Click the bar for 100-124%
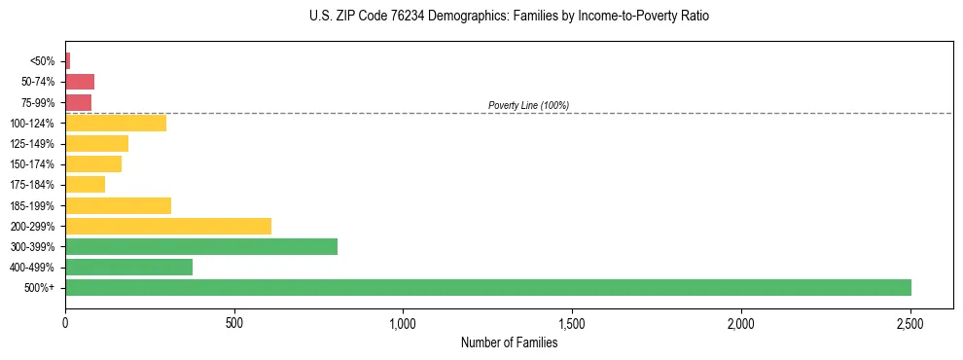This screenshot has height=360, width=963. (x=116, y=123)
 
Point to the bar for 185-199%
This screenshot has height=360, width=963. (x=118, y=205)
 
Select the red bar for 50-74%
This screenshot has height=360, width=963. (x=80, y=82)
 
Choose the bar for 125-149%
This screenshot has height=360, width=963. (x=96, y=143)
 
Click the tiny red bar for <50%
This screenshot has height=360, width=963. (x=68, y=60)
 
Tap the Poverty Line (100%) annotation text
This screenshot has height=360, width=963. (x=528, y=105)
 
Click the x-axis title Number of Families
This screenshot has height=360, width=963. (x=509, y=342)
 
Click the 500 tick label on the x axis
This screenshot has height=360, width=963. (x=233, y=323)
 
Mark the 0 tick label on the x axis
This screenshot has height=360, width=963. (x=65, y=323)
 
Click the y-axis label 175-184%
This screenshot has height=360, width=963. (x=34, y=185)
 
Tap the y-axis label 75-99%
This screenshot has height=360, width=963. (x=38, y=102)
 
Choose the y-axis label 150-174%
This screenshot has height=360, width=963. (x=34, y=164)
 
